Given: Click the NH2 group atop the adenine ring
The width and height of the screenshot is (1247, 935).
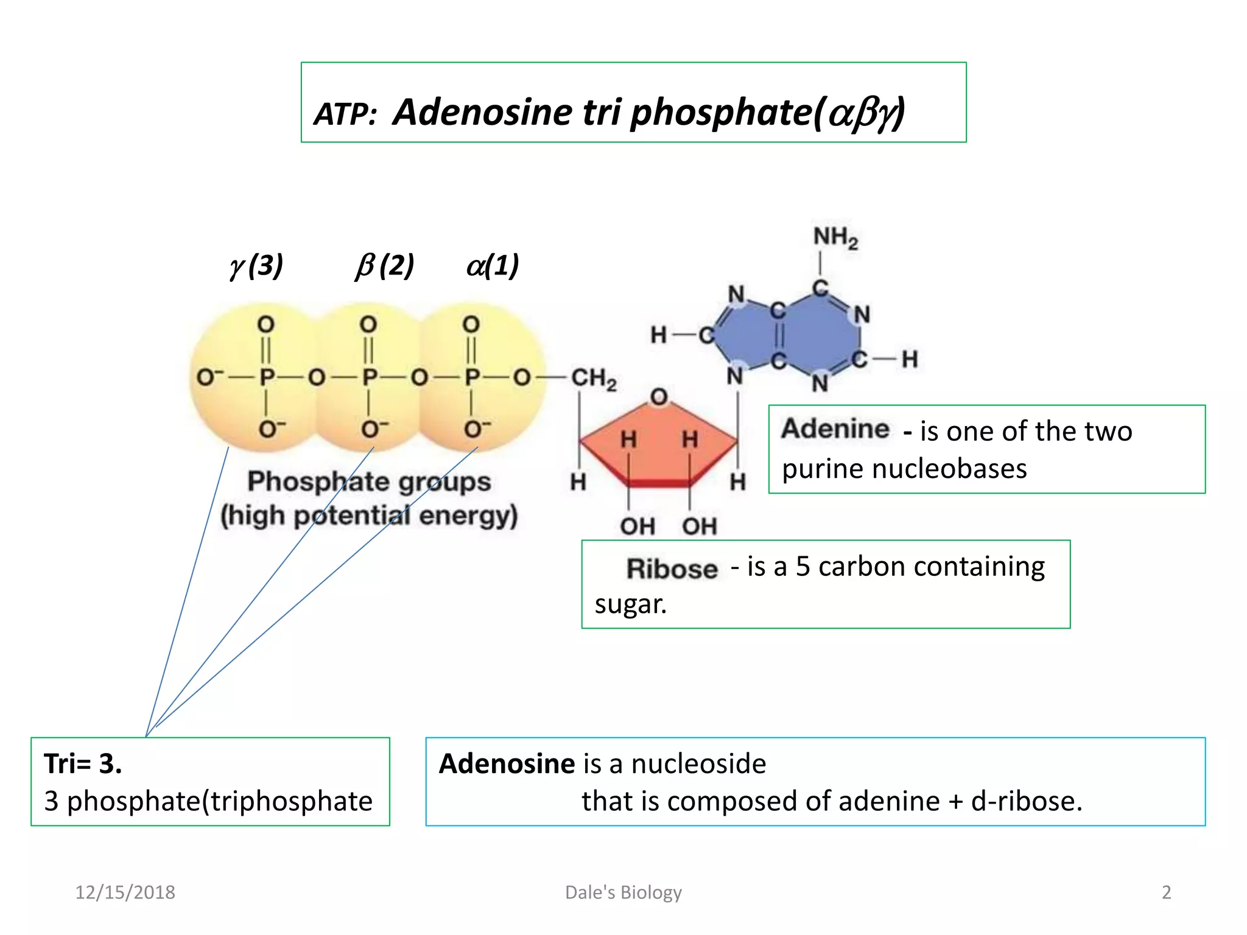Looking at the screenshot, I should point(835,237).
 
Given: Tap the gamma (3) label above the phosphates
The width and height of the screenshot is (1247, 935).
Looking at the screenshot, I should point(256,265).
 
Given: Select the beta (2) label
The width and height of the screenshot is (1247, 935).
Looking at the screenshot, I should point(385,265).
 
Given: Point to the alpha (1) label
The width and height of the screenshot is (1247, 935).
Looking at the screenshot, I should point(493,265).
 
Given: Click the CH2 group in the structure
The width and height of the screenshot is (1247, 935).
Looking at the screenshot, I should point(594,379).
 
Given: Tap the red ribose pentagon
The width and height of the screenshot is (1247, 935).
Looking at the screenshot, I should point(659,444).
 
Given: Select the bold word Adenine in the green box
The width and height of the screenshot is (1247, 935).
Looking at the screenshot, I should point(835,429).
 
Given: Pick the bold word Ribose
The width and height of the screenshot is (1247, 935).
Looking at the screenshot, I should point(672,569).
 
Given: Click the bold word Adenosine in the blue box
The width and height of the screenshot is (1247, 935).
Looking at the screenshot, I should point(507,763).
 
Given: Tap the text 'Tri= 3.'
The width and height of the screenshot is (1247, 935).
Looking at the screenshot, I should point(83,763).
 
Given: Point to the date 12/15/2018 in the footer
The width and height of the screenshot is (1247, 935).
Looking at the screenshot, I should point(125,892).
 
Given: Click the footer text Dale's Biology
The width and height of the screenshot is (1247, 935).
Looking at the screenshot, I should point(623,892).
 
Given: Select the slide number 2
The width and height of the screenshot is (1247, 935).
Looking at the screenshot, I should point(1166,892).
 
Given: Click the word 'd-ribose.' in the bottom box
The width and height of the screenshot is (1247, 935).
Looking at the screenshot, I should point(1027,801).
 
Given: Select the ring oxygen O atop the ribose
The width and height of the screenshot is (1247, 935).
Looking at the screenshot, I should point(659,397).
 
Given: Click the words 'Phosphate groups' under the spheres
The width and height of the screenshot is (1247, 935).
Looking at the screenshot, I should point(369,482).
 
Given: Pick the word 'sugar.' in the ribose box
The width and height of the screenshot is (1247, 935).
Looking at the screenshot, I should point(631,604).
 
